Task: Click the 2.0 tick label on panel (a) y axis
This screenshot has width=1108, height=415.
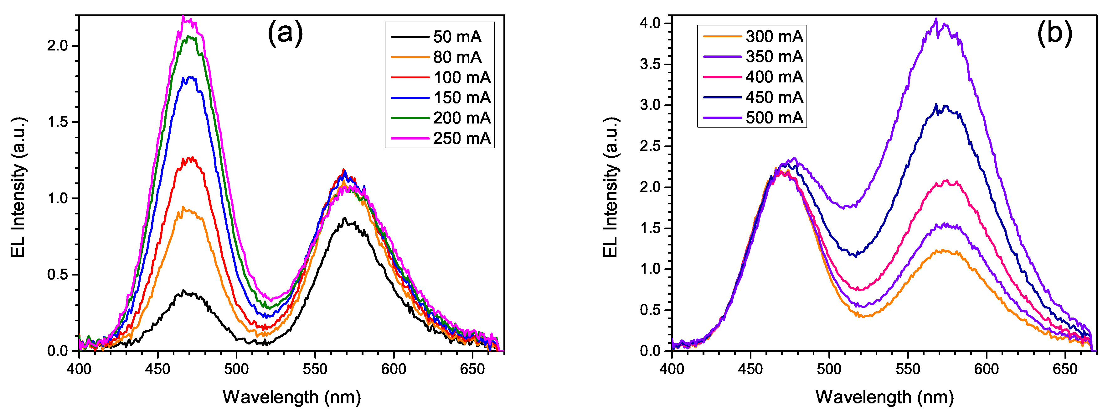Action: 58,46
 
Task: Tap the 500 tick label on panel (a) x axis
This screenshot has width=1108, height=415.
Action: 236,369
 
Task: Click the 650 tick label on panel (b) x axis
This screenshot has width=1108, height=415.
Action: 1065,369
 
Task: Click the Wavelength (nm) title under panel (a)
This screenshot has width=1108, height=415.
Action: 291,397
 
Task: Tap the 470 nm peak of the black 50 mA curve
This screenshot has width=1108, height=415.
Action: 184,292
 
